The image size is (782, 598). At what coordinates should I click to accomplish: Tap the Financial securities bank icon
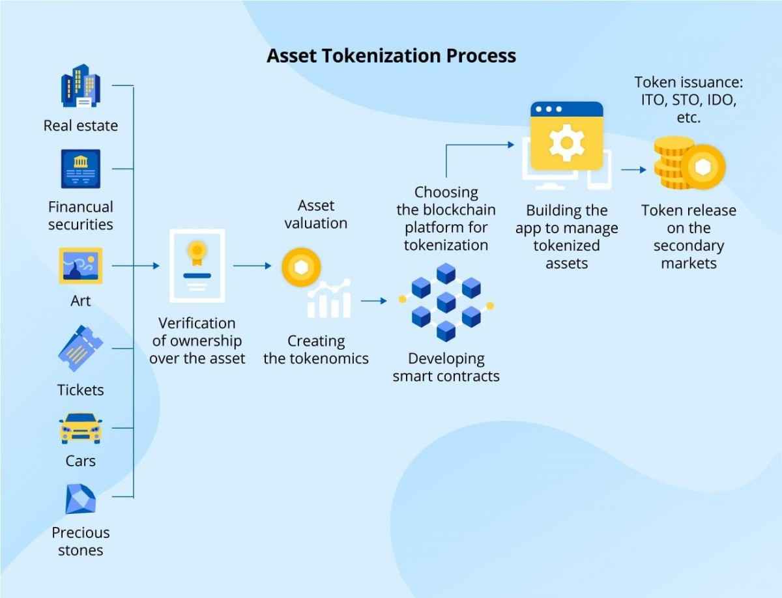[80, 168]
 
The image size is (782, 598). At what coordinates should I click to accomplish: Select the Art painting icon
[80, 265]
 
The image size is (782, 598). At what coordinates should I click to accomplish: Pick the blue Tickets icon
[80, 349]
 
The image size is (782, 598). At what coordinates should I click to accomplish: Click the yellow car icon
[80, 428]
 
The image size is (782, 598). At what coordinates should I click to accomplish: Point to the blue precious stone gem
[80, 499]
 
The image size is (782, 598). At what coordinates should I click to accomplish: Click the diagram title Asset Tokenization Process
[391, 55]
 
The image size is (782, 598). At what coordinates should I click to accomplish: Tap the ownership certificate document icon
[196, 265]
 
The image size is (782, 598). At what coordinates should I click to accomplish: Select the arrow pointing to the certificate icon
[147, 265]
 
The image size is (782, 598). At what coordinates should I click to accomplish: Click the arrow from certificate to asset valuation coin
[252, 265]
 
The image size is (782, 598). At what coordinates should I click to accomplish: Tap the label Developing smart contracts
[446, 367]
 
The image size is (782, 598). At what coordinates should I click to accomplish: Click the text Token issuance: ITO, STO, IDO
[689, 100]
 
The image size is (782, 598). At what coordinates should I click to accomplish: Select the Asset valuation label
[315, 214]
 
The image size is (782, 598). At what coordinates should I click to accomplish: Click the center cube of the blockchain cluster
[446, 302]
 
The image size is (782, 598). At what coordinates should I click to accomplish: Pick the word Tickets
[80, 390]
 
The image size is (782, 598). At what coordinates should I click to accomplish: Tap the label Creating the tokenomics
[316, 349]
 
